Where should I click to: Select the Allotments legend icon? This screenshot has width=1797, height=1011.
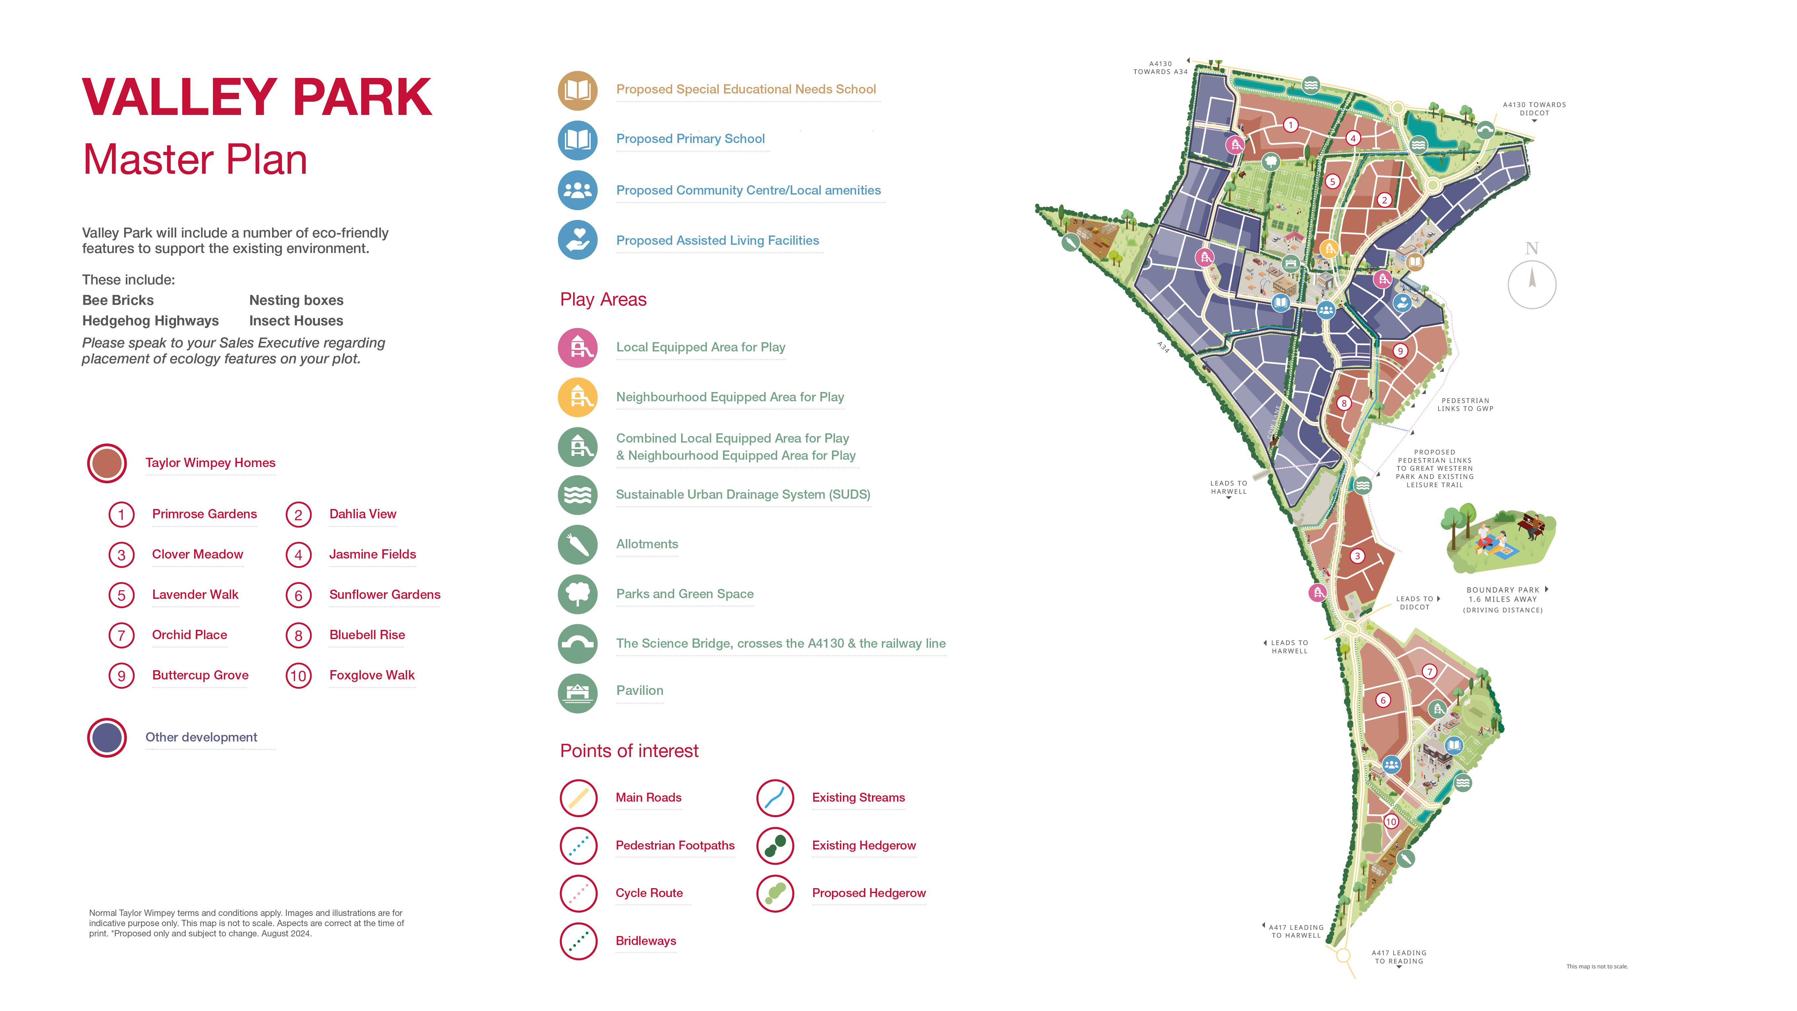coord(578,544)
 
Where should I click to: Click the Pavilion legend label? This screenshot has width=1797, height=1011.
coord(639,691)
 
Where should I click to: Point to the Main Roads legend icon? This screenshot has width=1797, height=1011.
coord(578,798)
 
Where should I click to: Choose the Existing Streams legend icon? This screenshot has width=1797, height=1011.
coord(775,798)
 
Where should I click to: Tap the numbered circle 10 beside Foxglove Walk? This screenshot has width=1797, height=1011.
coord(298,675)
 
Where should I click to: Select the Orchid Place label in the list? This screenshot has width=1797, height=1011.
coord(189,635)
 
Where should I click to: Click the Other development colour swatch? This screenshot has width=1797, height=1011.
coord(107,738)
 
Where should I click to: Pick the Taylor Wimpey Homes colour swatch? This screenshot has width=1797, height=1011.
coord(107,463)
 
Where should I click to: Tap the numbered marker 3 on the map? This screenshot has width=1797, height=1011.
coord(1357,556)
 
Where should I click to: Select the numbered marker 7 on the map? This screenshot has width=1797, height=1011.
coord(1429,672)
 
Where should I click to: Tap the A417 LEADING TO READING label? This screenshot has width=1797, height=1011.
coord(1399,957)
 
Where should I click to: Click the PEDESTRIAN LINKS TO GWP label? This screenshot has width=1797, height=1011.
coord(1465,405)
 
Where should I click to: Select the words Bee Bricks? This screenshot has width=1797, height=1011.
coord(118,300)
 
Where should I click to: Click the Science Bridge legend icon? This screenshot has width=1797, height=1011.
coord(578,643)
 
